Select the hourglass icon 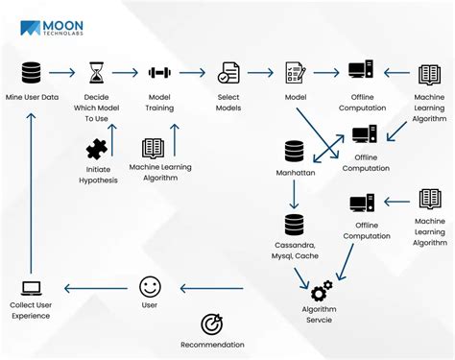pyautogui.click(x=96, y=73)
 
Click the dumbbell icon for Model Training pyautogui.click(x=159, y=73)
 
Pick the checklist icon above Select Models pyautogui.click(x=228, y=73)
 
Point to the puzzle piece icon pyautogui.click(x=97, y=148)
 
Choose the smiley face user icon pyautogui.click(x=149, y=286)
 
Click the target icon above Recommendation pyautogui.click(x=212, y=324)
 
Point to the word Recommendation pyautogui.click(x=212, y=345)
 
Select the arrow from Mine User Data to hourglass pyautogui.click(x=63, y=73)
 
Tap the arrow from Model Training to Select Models pyautogui.click(x=193, y=73)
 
